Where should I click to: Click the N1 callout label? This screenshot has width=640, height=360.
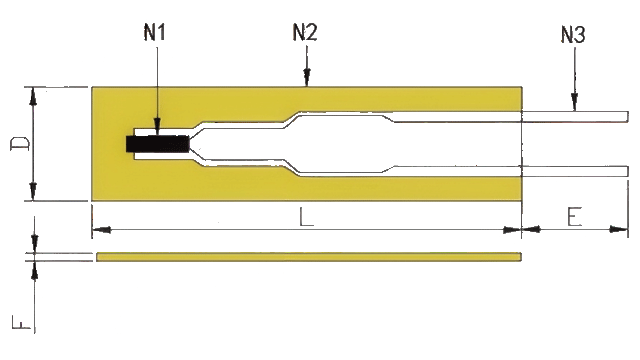click(x=154, y=32)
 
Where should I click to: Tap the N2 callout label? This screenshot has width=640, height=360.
click(x=305, y=32)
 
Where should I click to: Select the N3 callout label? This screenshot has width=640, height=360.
click(x=573, y=34)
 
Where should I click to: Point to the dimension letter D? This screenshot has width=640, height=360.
click(x=20, y=144)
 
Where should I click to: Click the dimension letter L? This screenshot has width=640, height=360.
click(x=306, y=217)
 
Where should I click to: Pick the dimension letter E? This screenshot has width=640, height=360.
click(x=574, y=217)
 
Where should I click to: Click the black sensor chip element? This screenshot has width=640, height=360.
click(x=158, y=144)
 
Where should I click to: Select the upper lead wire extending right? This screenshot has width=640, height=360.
click(x=575, y=116)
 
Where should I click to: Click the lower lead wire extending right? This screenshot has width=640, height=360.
click(x=575, y=171)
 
